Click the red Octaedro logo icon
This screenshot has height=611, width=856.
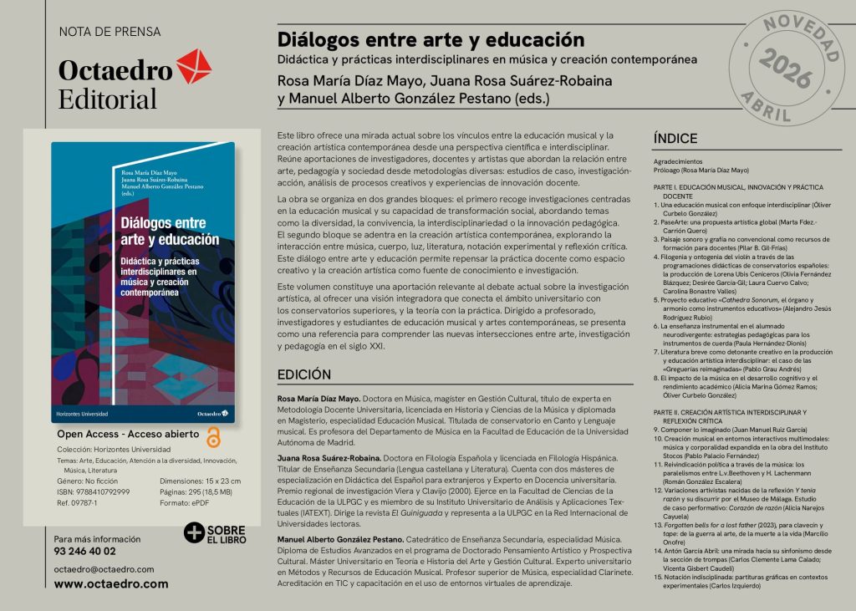pyautogui.click(x=194, y=66)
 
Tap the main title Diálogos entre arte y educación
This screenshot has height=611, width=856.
pyautogui.click(x=431, y=40)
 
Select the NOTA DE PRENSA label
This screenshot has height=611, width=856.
pyautogui.click(x=110, y=32)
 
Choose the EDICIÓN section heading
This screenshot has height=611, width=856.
pyautogui.click(x=304, y=374)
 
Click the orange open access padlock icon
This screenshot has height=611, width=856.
pyautogui.click(x=213, y=437)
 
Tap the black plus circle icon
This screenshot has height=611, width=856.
pyautogui.click(x=195, y=533)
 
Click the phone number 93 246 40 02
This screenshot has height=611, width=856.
pyautogui.click(x=85, y=551)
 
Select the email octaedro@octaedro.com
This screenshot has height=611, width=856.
pyautogui.click(x=104, y=569)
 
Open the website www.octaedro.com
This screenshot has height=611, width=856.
pyautogui.click(x=111, y=584)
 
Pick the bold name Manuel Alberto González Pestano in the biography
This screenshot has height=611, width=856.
pyautogui.click(x=340, y=540)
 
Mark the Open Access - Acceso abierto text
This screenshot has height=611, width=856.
pyautogui.click(x=128, y=435)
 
